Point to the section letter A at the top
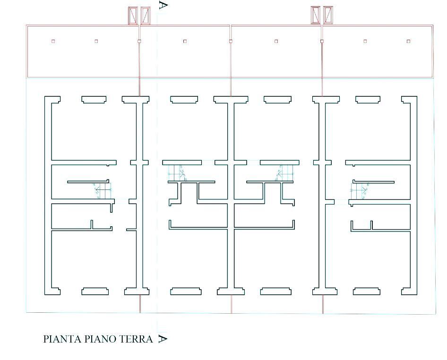pos(163,5)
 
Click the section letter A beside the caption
pos(163,339)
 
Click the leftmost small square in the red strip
pos(53,41)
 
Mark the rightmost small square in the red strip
pos(409,41)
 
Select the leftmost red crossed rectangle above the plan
pos(133,16)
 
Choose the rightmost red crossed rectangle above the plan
pos(328,15)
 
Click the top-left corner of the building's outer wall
pos(45,96)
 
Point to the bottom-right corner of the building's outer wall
pos(417,295)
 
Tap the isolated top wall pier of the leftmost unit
pos(94,100)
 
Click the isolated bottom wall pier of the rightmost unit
pos(367,291)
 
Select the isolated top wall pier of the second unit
pos(184,100)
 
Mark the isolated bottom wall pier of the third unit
pos(276,291)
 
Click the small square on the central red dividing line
pos(231,41)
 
